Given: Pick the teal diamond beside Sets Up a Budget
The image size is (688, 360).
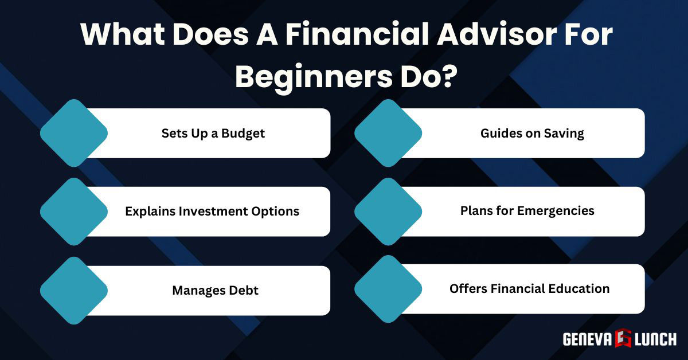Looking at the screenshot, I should click(74, 133).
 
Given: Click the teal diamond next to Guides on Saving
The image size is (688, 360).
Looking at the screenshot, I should click(388, 133).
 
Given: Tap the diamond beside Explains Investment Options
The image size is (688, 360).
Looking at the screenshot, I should click(74, 211).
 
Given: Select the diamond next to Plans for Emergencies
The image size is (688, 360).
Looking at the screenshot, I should click(388, 211).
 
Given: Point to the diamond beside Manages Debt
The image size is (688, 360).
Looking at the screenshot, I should click(74, 290).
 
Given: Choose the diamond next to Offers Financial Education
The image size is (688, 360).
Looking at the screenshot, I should click(388, 289).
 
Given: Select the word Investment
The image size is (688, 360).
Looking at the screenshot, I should click(215, 211).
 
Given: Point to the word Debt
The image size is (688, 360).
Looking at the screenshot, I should click(245, 291).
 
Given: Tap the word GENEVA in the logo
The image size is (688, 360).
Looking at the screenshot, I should click(587, 339).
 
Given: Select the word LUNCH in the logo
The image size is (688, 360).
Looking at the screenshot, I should click(655, 339).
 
